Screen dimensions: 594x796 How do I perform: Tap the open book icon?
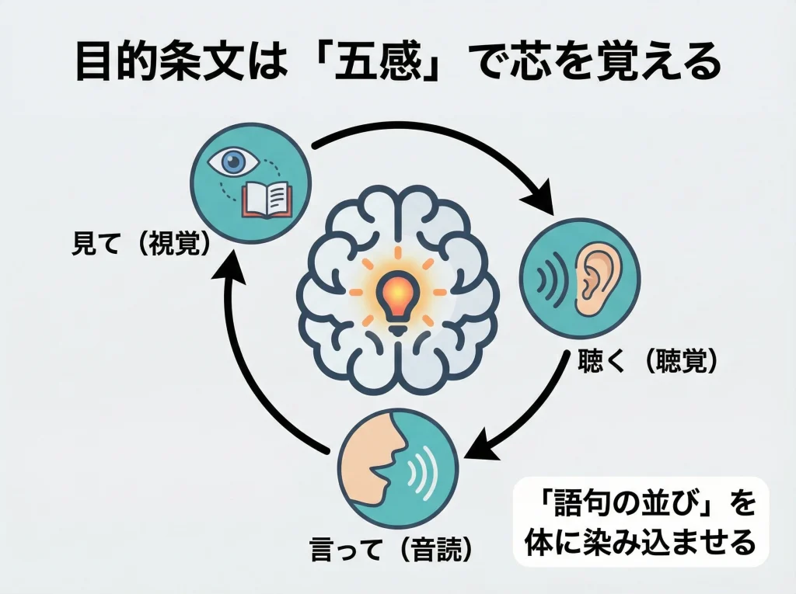pos(266,199)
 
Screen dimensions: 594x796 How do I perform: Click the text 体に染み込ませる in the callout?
pos(639,542)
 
